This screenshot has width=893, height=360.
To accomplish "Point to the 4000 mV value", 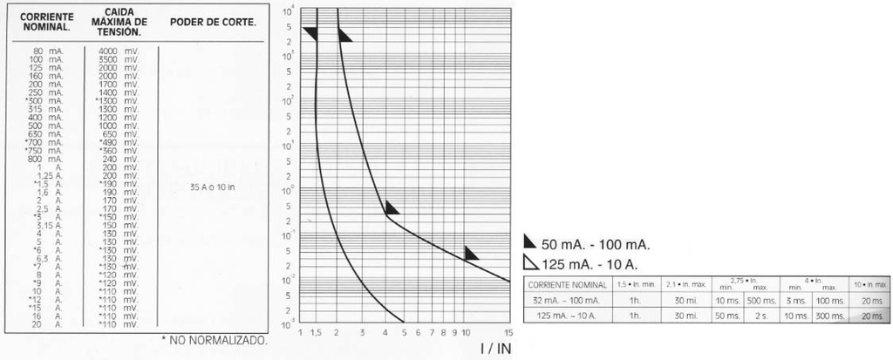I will (116, 51).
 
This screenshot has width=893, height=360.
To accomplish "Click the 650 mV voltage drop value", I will (117, 133).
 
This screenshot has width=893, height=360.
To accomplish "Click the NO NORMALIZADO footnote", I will (214, 340).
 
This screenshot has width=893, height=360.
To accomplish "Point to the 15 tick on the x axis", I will (509, 332).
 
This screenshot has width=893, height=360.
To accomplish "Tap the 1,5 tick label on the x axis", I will (316, 332).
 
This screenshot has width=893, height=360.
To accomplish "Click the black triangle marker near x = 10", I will (471, 254).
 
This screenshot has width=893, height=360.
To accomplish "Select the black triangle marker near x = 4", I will (392, 208).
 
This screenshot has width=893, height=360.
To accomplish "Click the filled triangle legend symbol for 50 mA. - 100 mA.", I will (529, 243).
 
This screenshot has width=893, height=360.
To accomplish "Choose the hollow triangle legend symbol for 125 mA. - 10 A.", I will (529, 263).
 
